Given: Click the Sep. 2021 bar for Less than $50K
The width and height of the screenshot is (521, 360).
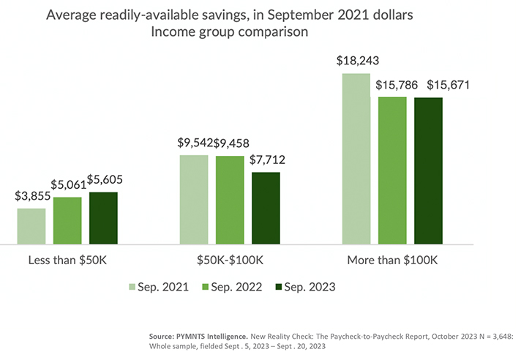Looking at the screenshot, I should pyautogui.click(x=31, y=225).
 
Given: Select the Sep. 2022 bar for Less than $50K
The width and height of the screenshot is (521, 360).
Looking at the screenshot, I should pyautogui.click(x=67, y=220).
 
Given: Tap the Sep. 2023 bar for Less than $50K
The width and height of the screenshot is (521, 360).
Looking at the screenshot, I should pyautogui.click(x=103, y=217).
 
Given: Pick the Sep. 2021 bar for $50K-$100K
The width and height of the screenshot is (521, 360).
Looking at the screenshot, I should pyautogui.click(x=194, y=198).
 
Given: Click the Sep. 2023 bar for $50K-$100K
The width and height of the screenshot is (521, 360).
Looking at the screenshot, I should pyautogui.click(x=266, y=207).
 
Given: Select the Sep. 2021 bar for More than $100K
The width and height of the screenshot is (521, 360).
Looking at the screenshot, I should pyautogui.click(x=356, y=158).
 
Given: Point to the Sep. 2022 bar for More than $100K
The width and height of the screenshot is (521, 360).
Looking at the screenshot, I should pyautogui.click(x=392, y=169).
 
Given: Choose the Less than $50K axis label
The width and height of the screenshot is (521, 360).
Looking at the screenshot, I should pyautogui.click(x=67, y=260).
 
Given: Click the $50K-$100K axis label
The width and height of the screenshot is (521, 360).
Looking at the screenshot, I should pyautogui.click(x=230, y=260).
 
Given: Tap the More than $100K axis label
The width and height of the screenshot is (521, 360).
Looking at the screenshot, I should pyautogui.click(x=392, y=260).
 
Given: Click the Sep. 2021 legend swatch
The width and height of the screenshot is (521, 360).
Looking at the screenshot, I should pyautogui.click(x=133, y=287).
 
